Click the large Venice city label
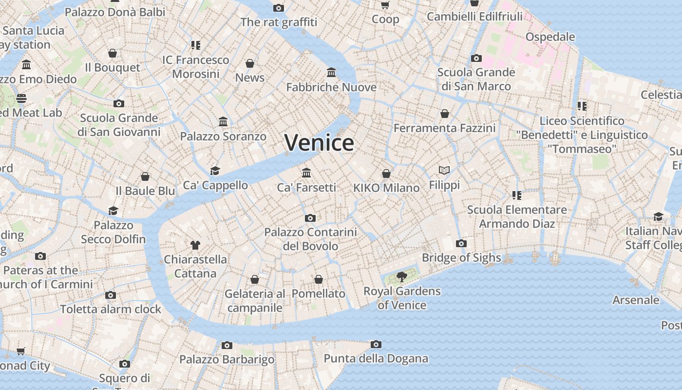click(319, 143)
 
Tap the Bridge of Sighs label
click(461, 257)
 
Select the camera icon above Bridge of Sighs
click(461, 243)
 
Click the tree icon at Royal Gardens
click(401, 277)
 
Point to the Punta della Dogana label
click(376, 359)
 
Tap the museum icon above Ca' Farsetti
click(306, 173)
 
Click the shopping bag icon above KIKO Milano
click(386, 173)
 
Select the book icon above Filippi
click(444, 170)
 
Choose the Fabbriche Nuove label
click(331, 87)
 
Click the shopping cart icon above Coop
click(385, 5)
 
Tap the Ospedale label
click(550, 37)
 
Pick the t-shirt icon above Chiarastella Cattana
click(195, 245)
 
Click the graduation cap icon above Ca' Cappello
click(215, 171)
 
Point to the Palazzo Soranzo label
click(223, 136)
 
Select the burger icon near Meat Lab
click(21, 98)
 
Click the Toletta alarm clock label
click(111, 309)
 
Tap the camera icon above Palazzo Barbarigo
click(227, 345)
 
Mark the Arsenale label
click(636, 300)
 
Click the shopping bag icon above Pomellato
click(318, 279)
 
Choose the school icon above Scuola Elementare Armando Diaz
click(517, 195)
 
